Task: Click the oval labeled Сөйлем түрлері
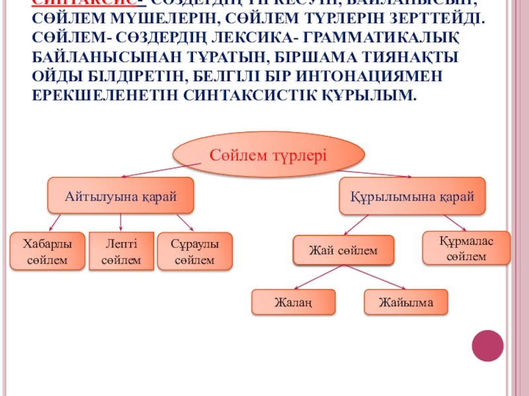[268, 156]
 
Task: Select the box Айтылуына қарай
[120, 195]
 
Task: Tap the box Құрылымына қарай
[412, 196]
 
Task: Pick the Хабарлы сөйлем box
[47, 251]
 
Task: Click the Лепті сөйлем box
[121, 251]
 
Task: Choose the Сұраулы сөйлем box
[194, 251]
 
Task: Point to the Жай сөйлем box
[343, 251]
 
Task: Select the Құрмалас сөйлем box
[466, 247]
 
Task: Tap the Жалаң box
[292, 303]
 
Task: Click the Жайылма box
[405, 303]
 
